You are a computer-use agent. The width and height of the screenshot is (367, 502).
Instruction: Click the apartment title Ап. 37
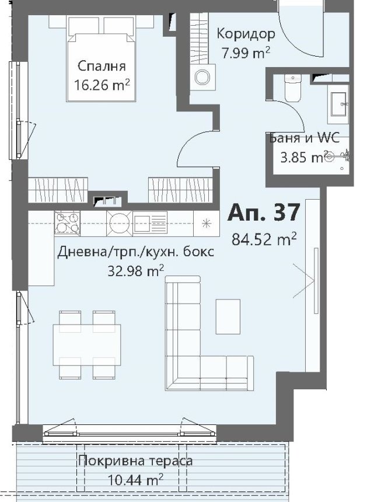tap(264, 212)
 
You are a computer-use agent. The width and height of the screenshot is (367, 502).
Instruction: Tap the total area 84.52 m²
tap(264, 239)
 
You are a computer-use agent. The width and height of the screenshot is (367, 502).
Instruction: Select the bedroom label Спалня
tap(102, 67)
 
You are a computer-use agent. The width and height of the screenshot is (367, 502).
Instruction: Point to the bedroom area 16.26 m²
tap(102, 85)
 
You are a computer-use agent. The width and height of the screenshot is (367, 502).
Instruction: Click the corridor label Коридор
tap(246, 34)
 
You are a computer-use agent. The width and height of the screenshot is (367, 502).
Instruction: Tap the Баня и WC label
tap(304, 138)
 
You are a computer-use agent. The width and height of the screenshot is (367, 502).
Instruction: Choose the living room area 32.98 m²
tap(136, 271)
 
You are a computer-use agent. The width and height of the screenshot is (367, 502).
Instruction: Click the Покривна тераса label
tap(135, 461)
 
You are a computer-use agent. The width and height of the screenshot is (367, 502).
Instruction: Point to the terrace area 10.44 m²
tap(135, 480)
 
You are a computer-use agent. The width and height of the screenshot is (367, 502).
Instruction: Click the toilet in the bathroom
tap(292, 88)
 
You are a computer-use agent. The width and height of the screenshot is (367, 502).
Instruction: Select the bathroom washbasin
tap(338, 104)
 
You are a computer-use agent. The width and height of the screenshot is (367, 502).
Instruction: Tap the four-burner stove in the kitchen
tap(67, 222)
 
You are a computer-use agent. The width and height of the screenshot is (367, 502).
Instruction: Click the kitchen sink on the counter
tap(150, 223)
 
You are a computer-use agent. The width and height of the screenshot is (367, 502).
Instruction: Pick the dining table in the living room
tap(87, 345)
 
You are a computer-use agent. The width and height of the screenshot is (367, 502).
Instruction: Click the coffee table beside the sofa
tap(228, 316)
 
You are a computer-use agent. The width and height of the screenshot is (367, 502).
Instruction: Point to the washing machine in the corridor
tap(202, 77)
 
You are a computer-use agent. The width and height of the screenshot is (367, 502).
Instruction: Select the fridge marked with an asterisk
tap(207, 223)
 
